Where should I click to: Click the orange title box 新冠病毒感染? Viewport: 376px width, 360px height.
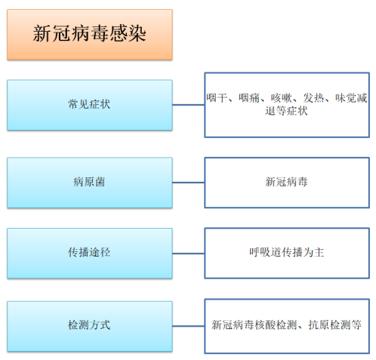click(x=90, y=35)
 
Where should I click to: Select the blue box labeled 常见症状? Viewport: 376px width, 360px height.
click(x=90, y=105)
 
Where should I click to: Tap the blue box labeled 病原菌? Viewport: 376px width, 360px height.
click(x=90, y=183)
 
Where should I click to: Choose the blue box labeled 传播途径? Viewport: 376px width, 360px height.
click(x=90, y=254)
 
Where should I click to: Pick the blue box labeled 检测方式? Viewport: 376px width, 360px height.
click(x=90, y=326)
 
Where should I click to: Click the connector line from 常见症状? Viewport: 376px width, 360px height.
click(x=189, y=105)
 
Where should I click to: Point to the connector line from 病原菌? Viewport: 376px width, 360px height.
click(x=189, y=183)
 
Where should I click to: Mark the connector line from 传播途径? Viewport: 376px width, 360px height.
click(x=189, y=254)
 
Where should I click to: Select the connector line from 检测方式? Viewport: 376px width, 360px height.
click(x=189, y=326)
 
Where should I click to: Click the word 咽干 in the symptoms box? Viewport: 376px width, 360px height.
click(x=217, y=98)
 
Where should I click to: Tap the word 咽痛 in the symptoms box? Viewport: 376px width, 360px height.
click(x=249, y=98)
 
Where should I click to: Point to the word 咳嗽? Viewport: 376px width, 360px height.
click(x=281, y=98)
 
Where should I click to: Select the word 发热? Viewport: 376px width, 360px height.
click(x=313, y=98)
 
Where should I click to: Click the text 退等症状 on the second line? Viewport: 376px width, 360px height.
click(x=286, y=111)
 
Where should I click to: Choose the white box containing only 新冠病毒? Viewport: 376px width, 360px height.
click(x=287, y=183)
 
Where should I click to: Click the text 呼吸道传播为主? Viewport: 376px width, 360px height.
click(x=287, y=252)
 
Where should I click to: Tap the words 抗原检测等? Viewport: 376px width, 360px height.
click(x=335, y=325)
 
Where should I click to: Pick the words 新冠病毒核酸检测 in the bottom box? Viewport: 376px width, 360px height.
click(x=254, y=325)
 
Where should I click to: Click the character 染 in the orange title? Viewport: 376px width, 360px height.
click(x=137, y=34)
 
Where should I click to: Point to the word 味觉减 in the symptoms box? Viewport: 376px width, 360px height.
click(x=351, y=98)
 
